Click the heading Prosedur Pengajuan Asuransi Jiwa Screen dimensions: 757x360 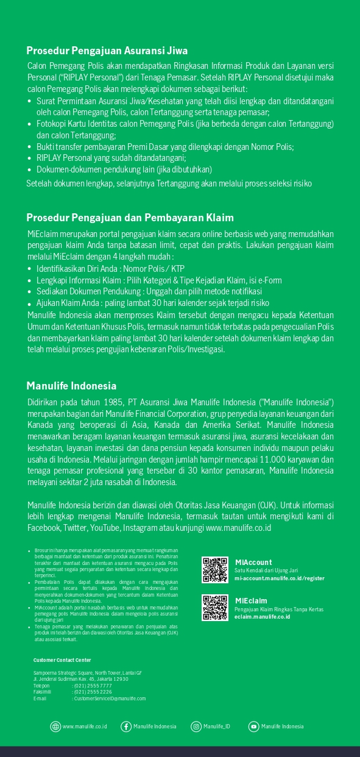click(x=107, y=51)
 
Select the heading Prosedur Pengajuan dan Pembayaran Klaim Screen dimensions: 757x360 click(x=130, y=218)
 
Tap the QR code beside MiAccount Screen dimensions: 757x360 click(x=215, y=570)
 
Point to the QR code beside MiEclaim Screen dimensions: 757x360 click(x=215, y=608)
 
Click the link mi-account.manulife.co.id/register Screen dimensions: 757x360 click(x=279, y=578)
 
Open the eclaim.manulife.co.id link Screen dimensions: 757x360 click(x=262, y=617)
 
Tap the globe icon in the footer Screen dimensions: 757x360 click(x=55, y=726)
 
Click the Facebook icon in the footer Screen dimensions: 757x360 click(x=126, y=726)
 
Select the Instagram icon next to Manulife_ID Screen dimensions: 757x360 click(x=196, y=726)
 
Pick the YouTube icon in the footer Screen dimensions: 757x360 click(x=253, y=726)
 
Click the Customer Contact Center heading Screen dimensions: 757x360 click(x=62, y=660)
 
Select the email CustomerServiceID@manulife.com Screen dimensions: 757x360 click(x=109, y=698)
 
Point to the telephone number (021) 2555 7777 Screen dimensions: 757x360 click(x=92, y=686)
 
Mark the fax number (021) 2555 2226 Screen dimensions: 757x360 click(x=92, y=692)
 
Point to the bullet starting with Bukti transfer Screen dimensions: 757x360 click(x=164, y=147)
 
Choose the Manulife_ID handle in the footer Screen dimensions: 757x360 click(x=217, y=727)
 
